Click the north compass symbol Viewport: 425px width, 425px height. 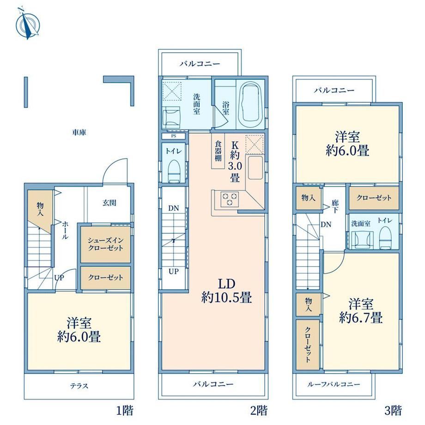(28, 24)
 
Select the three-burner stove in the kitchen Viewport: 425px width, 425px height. (229, 199)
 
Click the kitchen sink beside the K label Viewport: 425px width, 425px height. (255, 168)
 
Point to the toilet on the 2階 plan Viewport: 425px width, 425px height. (174, 171)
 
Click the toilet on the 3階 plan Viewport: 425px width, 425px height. (385, 238)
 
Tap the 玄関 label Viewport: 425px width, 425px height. (109, 202)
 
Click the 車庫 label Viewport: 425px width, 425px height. (79, 132)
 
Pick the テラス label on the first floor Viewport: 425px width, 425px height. (79, 386)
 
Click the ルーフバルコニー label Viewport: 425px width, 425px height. (334, 384)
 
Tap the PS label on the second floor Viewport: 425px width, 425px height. (174, 136)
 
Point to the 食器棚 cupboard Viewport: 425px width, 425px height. (218, 151)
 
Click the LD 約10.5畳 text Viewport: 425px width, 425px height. (227, 291)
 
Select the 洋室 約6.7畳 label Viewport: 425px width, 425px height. (361, 311)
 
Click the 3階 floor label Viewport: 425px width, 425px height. (393, 410)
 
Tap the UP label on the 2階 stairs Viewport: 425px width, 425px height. (174, 271)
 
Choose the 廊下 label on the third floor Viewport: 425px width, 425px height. (335, 206)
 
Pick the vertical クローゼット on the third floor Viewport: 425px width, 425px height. (308, 345)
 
